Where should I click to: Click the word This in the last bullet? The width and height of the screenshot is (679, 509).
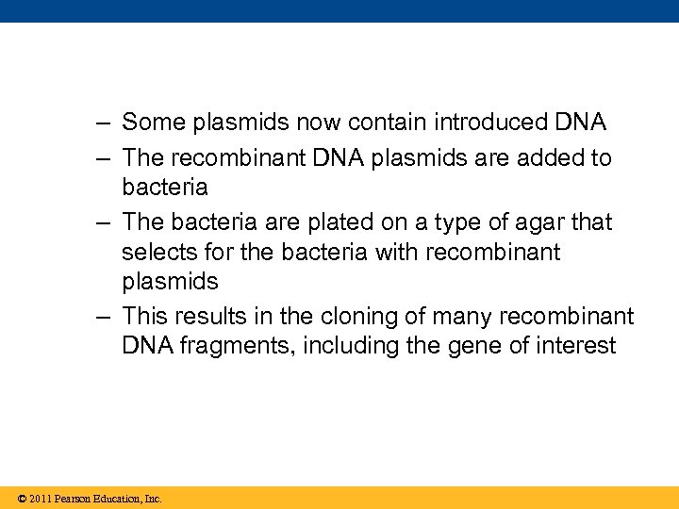144,317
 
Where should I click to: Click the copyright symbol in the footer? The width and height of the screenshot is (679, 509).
21,499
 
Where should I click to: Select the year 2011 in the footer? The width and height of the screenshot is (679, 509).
40,499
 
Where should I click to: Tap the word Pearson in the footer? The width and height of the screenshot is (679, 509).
75,499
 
